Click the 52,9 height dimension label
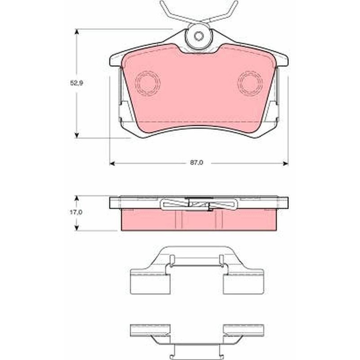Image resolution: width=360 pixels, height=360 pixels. pyautogui.click(x=76, y=83)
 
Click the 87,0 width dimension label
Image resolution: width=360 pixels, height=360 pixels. pyautogui.click(x=197, y=162)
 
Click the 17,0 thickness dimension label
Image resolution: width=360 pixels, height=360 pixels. pyautogui.click(x=76, y=212)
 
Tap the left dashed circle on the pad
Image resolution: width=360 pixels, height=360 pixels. pyautogui.click(x=148, y=83)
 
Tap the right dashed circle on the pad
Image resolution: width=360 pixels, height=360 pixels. pyautogui.click(x=250, y=83)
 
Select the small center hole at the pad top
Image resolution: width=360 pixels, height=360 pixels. pyautogui.click(x=198, y=36)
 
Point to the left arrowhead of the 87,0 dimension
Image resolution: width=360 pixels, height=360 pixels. pyautogui.click(x=112, y=163)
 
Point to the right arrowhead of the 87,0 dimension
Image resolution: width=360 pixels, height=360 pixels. pyautogui.click(x=285, y=163)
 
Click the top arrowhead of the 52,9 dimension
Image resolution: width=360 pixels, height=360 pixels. pyautogui.click(x=77, y=31)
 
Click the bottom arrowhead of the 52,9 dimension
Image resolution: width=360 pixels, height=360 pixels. pyautogui.click(x=77, y=135)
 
